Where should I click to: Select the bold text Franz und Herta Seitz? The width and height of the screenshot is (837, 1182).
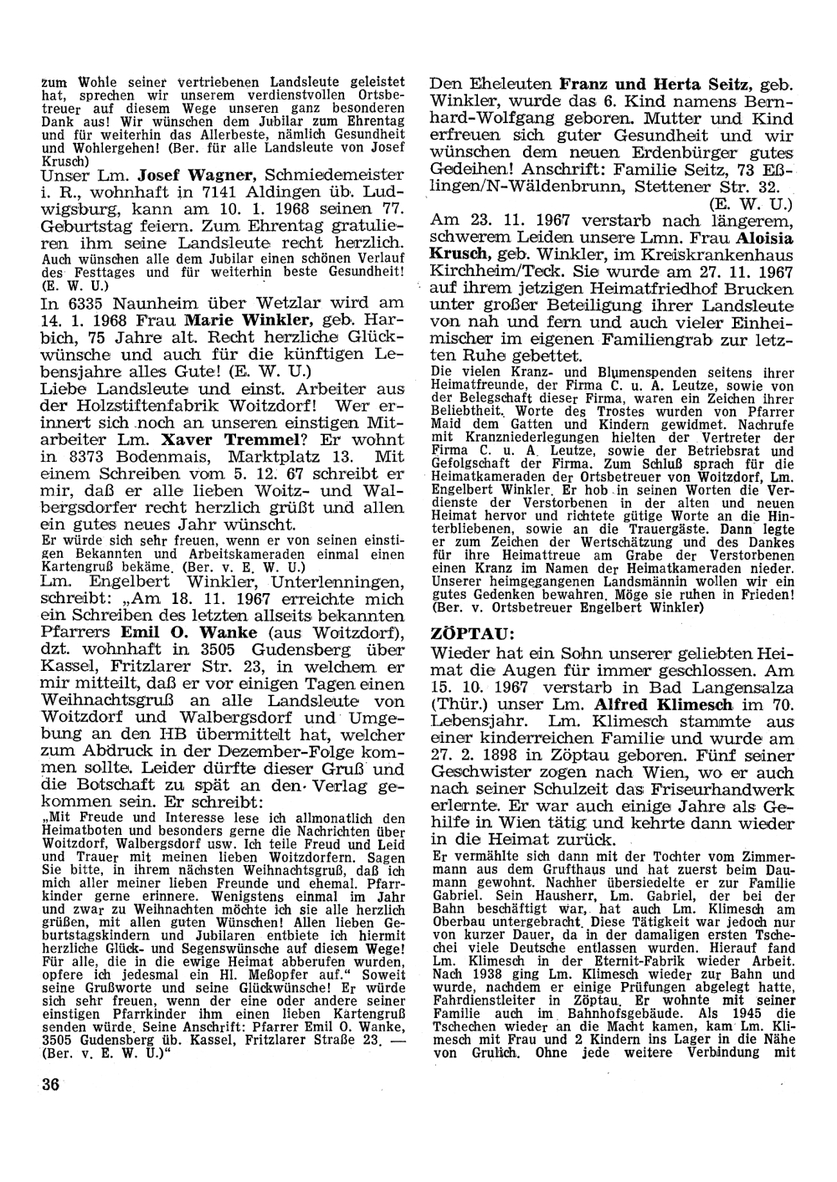point(656,84)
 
